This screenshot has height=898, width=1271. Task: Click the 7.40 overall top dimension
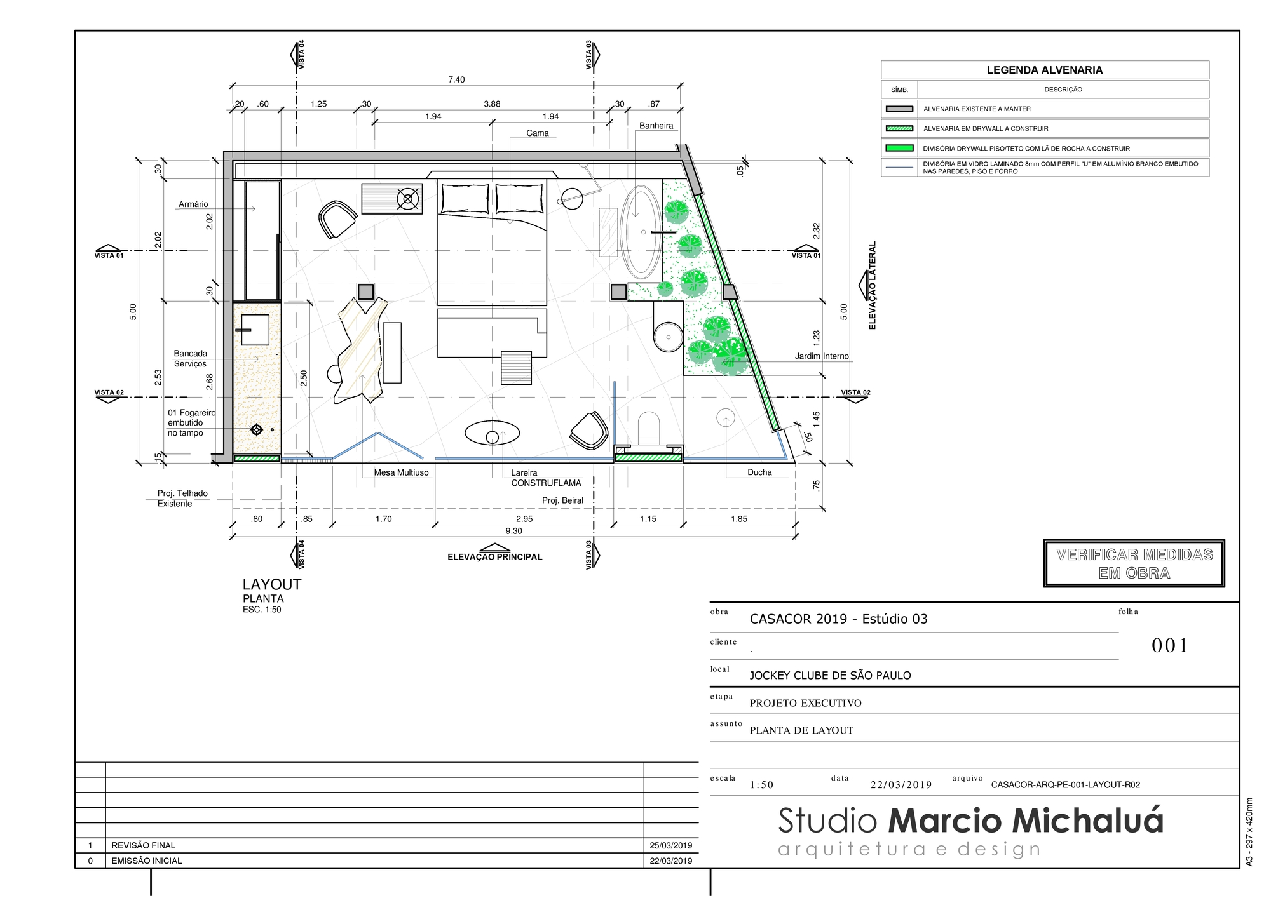point(456,80)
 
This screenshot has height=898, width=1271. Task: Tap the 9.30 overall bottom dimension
point(513,531)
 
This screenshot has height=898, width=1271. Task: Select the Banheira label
point(656,126)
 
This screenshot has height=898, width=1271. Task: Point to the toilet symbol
point(649,428)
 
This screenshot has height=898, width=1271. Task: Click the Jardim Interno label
point(821,356)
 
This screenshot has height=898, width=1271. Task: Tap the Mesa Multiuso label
point(401,472)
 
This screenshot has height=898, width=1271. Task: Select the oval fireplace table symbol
point(493,434)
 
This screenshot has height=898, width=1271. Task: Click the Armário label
point(193,204)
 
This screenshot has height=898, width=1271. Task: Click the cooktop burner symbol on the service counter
point(256,430)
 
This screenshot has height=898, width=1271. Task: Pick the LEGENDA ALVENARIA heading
point(1044,70)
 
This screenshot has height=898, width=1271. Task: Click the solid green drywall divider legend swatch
point(899,149)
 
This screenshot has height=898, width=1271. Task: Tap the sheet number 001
point(1169,646)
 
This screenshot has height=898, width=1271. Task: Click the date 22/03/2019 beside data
point(901,785)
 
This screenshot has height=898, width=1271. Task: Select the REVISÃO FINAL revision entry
point(143,845)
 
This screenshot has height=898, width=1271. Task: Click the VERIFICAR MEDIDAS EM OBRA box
point(1134,563)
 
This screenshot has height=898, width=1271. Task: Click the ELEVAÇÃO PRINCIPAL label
point(494,557)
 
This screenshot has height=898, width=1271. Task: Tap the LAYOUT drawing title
point(271,584)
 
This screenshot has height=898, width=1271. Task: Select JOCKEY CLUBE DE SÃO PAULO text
point(830,676)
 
